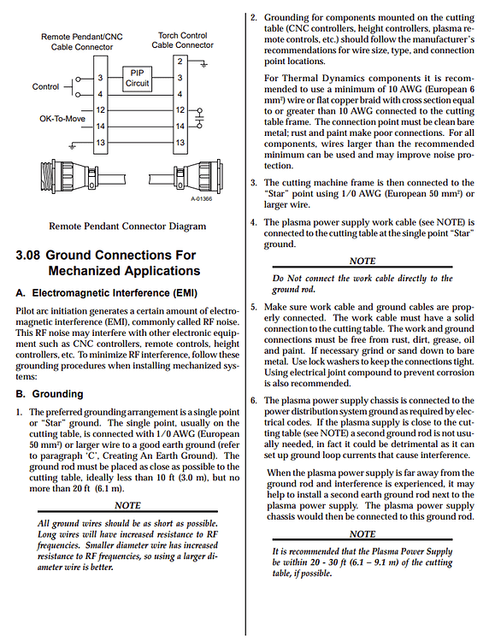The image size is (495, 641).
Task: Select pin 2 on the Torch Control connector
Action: (179, 62)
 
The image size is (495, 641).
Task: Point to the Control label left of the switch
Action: (45, 87)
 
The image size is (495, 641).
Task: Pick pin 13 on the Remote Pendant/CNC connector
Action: (101, 142)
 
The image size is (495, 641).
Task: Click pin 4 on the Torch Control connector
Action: (179, 93)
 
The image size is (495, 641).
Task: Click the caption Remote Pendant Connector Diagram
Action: (127, 226)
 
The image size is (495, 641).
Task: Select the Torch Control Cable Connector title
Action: (182, 40)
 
